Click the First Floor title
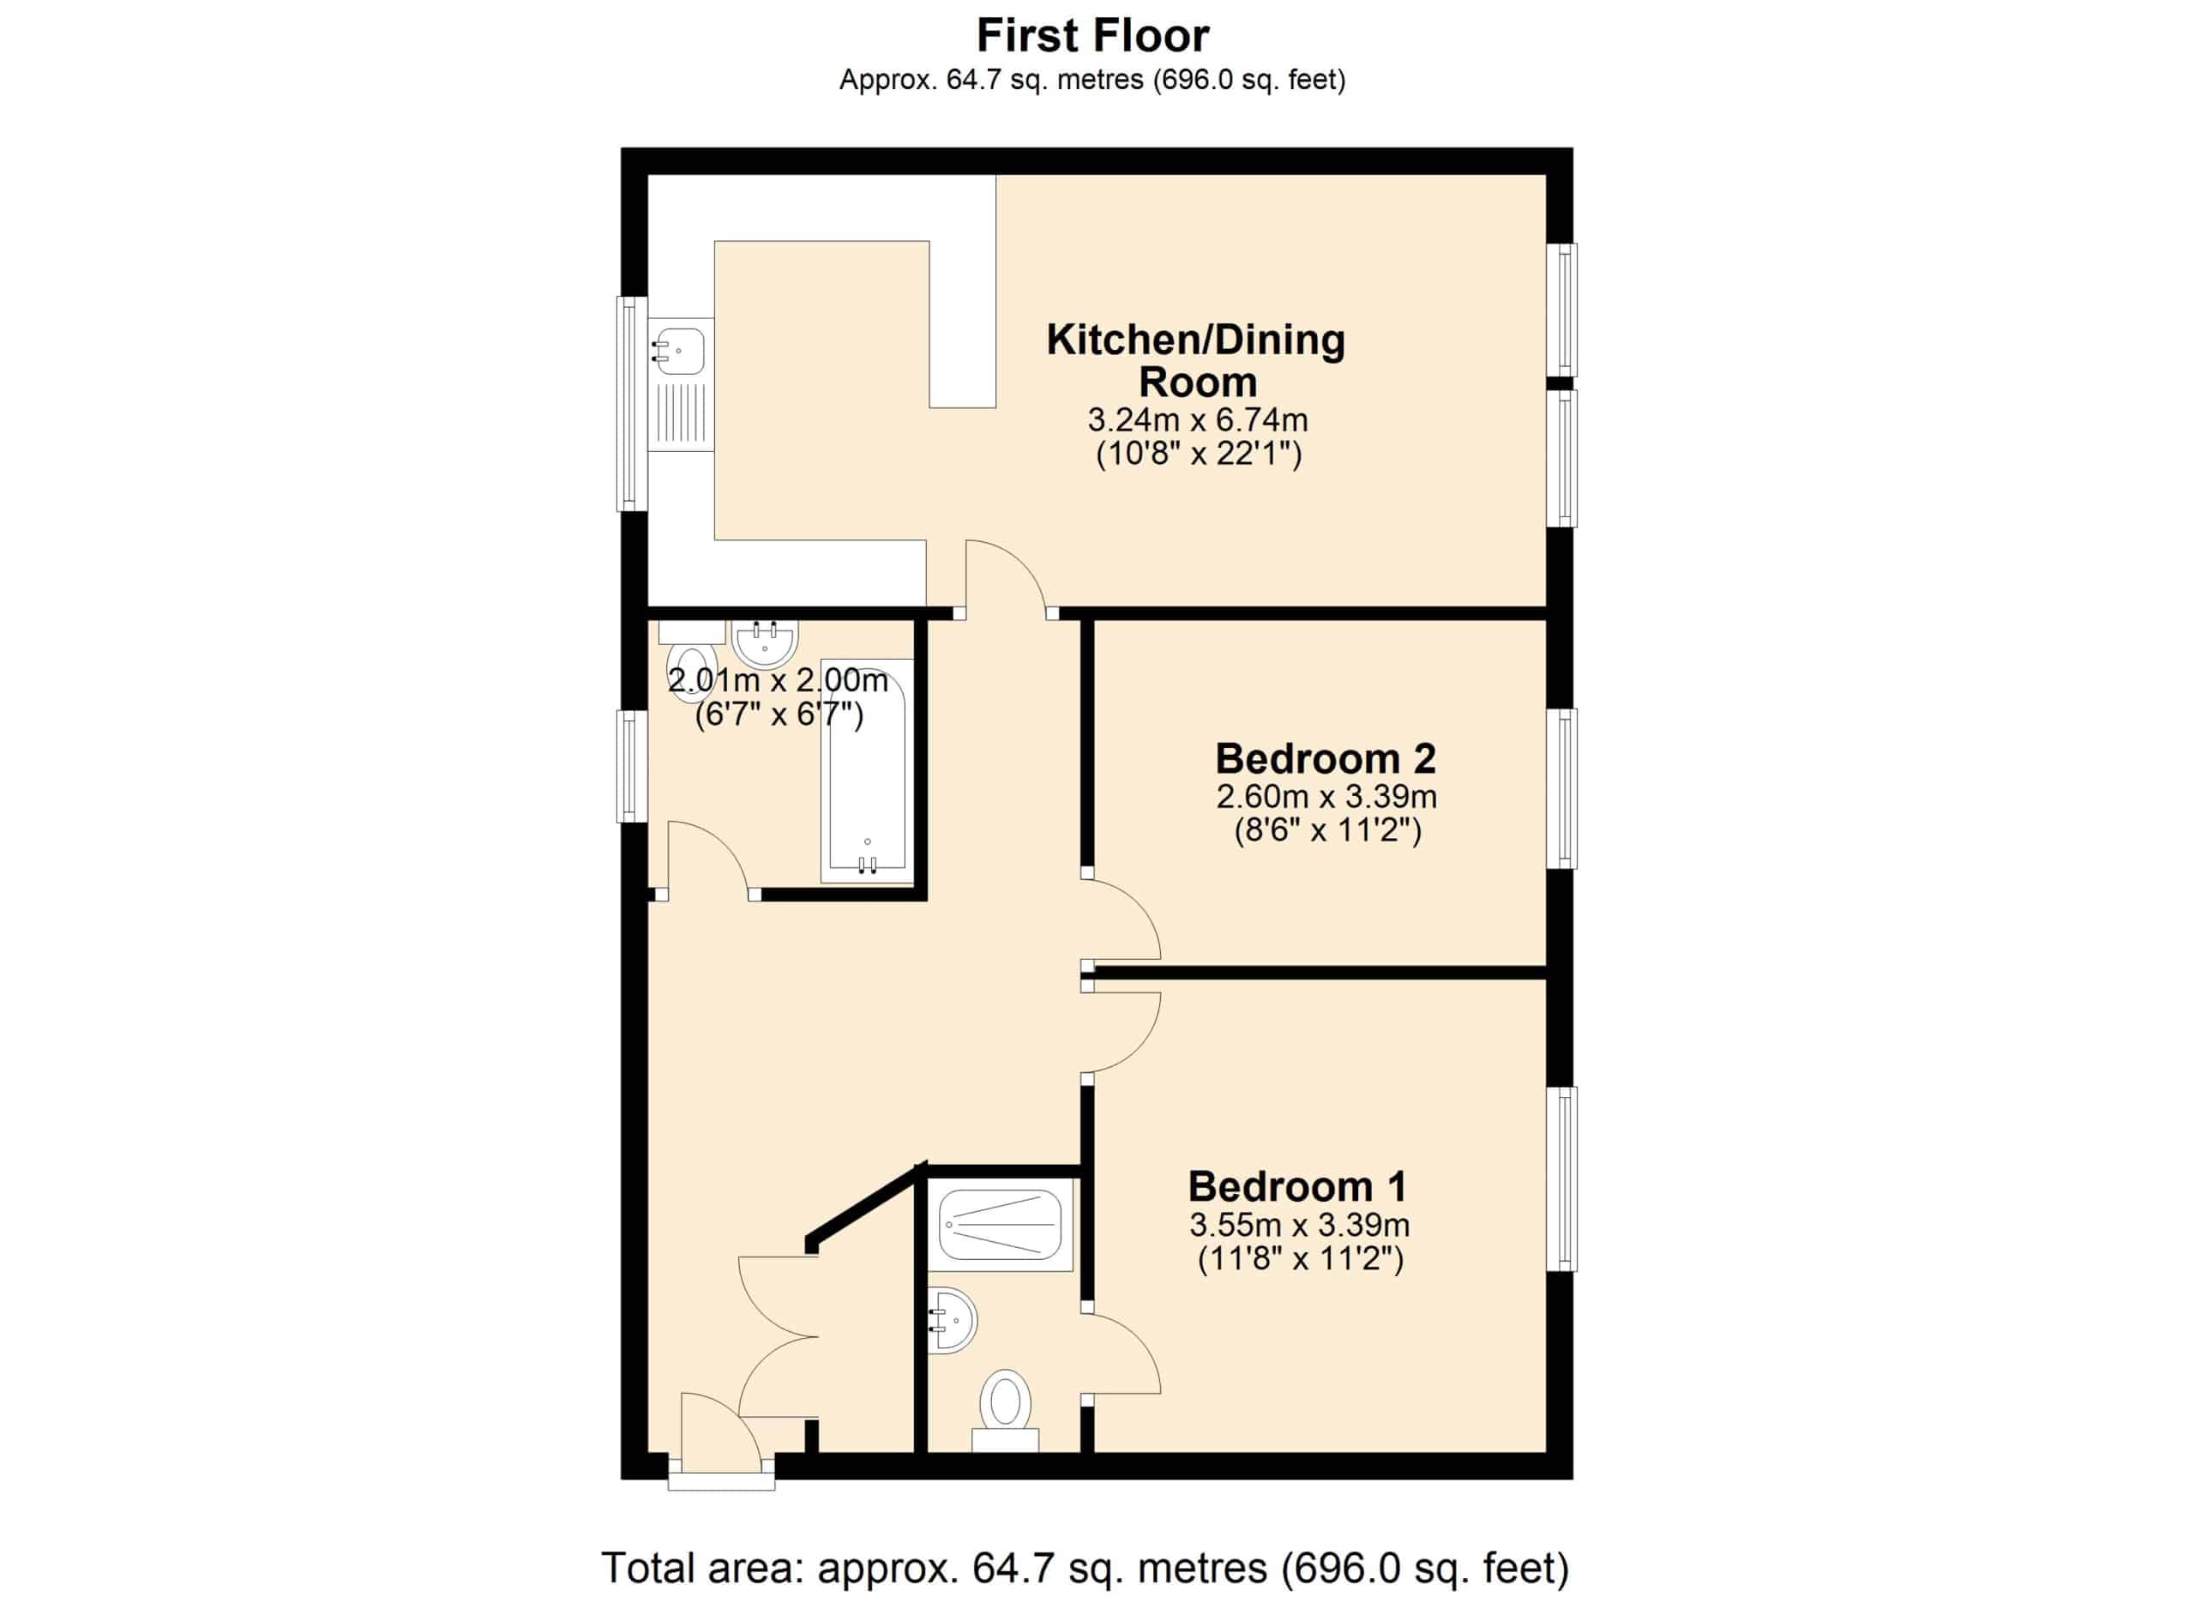tap(1092, 36)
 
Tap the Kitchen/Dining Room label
tap(1196, 360)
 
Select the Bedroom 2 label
tap(1326, 758)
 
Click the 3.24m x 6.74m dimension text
tap(1198, 420)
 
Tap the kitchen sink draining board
tap(682, 413)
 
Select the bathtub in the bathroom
tap(867, 770)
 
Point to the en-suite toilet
tap(1006, 1411)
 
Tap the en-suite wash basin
tap(953, 1320)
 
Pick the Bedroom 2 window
tap(1561, 789)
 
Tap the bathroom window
tap(632, 767)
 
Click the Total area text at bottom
tap(1085, 1568)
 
